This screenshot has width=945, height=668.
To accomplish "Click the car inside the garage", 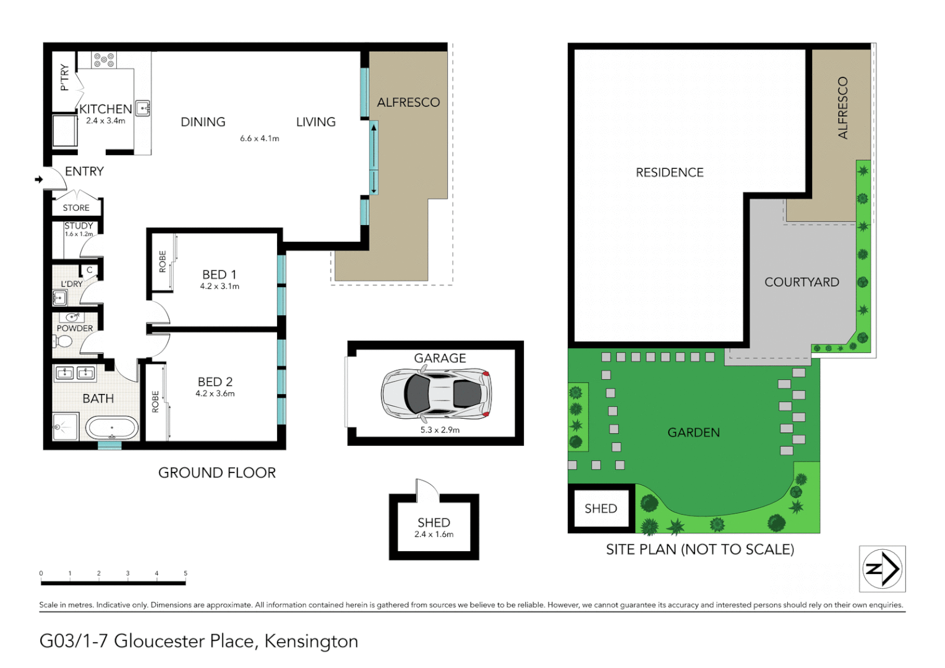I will (436, 393).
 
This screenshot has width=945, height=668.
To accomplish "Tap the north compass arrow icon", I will (882, 568).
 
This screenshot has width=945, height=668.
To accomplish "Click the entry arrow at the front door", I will (39, 179).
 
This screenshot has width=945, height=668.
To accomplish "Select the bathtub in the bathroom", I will (111, 427).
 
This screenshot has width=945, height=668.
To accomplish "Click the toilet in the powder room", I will (64, 341).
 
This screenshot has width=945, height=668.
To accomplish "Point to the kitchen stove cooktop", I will (103, 60).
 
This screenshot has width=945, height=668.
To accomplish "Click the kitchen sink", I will (143, 109).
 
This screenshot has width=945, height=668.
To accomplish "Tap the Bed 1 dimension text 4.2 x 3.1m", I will (220, 286).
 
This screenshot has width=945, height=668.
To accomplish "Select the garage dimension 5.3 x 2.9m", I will (440, 430).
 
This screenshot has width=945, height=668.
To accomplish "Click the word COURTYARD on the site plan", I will (802, 282).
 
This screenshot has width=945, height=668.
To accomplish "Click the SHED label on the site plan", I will (601, 508).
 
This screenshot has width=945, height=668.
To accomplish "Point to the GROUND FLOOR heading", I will (217, 473).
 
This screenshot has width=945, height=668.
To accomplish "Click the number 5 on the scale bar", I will (185, 573).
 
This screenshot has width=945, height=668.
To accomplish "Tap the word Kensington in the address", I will (311, 641).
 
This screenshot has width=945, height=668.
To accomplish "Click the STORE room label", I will (76, 208).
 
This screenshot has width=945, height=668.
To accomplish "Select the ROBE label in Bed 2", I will (155, 401).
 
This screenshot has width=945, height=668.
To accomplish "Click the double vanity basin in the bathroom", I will (75, 372).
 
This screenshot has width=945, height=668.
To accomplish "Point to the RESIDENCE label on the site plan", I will (669, 173).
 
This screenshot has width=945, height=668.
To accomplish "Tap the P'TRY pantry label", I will (64, 77).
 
